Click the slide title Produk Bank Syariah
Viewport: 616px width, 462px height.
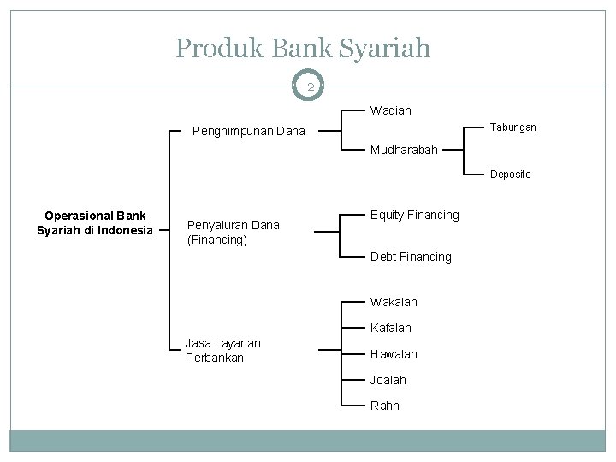click(303, 48)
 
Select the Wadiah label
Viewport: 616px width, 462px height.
click(390, 110)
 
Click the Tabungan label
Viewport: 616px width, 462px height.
click(514, 127)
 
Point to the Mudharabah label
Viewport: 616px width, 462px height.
click(404, 150)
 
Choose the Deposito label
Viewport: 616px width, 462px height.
click(510, 175)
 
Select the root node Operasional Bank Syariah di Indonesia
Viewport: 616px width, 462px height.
click(94, 222)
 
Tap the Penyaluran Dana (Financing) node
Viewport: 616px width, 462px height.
click(233, 233)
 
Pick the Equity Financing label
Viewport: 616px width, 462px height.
click(414, 215)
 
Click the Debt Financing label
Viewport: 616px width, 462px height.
click(411, 257)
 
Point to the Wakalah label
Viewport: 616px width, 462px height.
click(394, 302)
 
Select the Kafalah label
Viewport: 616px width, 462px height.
click(391, 328)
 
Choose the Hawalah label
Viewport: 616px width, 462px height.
click(394, 353)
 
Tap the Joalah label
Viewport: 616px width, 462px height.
click(388, 379)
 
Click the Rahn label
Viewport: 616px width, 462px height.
click(384, 406)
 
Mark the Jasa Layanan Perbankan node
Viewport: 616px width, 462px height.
click(222, 350)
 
